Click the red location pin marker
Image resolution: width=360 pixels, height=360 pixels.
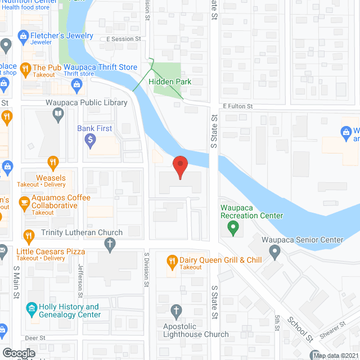click(180, 167)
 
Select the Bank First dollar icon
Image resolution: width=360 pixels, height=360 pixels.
click(90, 141)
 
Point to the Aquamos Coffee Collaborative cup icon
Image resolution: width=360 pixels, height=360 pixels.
click(24, 202)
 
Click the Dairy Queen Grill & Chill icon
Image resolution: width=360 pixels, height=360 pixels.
click(173, 261)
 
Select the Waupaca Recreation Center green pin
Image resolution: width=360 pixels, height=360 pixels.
click(232, 228)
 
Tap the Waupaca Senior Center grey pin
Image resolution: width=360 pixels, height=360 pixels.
click(274, 253)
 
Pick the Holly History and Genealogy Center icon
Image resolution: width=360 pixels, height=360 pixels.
click(31, 309)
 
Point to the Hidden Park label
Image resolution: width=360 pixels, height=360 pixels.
click(170, 82)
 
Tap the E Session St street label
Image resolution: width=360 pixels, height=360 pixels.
click(123, 39)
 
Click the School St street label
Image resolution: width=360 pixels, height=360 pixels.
click(300, 330)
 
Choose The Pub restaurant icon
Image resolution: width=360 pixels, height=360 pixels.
click(24, 70)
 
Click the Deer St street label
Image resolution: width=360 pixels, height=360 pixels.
click(35, 338)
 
